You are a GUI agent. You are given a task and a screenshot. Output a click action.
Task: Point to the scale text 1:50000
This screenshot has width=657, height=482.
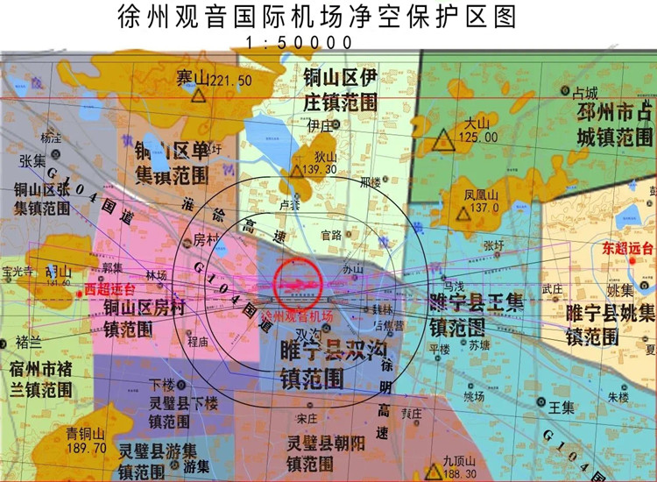(300, 42)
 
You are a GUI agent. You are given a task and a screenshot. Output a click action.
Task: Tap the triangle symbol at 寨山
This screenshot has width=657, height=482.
(200, 96)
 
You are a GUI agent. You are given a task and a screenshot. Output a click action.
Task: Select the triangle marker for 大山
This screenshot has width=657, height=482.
(444, 141)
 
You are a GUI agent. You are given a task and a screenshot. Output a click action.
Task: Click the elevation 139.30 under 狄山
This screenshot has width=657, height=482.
(319, 169)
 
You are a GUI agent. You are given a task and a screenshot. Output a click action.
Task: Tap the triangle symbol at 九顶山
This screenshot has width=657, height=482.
(432, 472)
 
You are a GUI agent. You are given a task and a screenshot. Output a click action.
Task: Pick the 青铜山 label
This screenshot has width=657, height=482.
(86, 433)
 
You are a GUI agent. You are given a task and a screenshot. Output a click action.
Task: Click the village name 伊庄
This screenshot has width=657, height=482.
(321, 125)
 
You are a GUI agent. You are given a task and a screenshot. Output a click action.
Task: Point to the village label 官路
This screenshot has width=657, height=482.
(331, 235)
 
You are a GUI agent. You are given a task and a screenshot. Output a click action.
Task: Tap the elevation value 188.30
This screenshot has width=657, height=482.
(460, 473)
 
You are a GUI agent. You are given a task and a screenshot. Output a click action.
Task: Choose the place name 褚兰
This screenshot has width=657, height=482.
(28, 340)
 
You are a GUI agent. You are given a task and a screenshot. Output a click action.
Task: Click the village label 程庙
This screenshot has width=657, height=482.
(199, 343)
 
